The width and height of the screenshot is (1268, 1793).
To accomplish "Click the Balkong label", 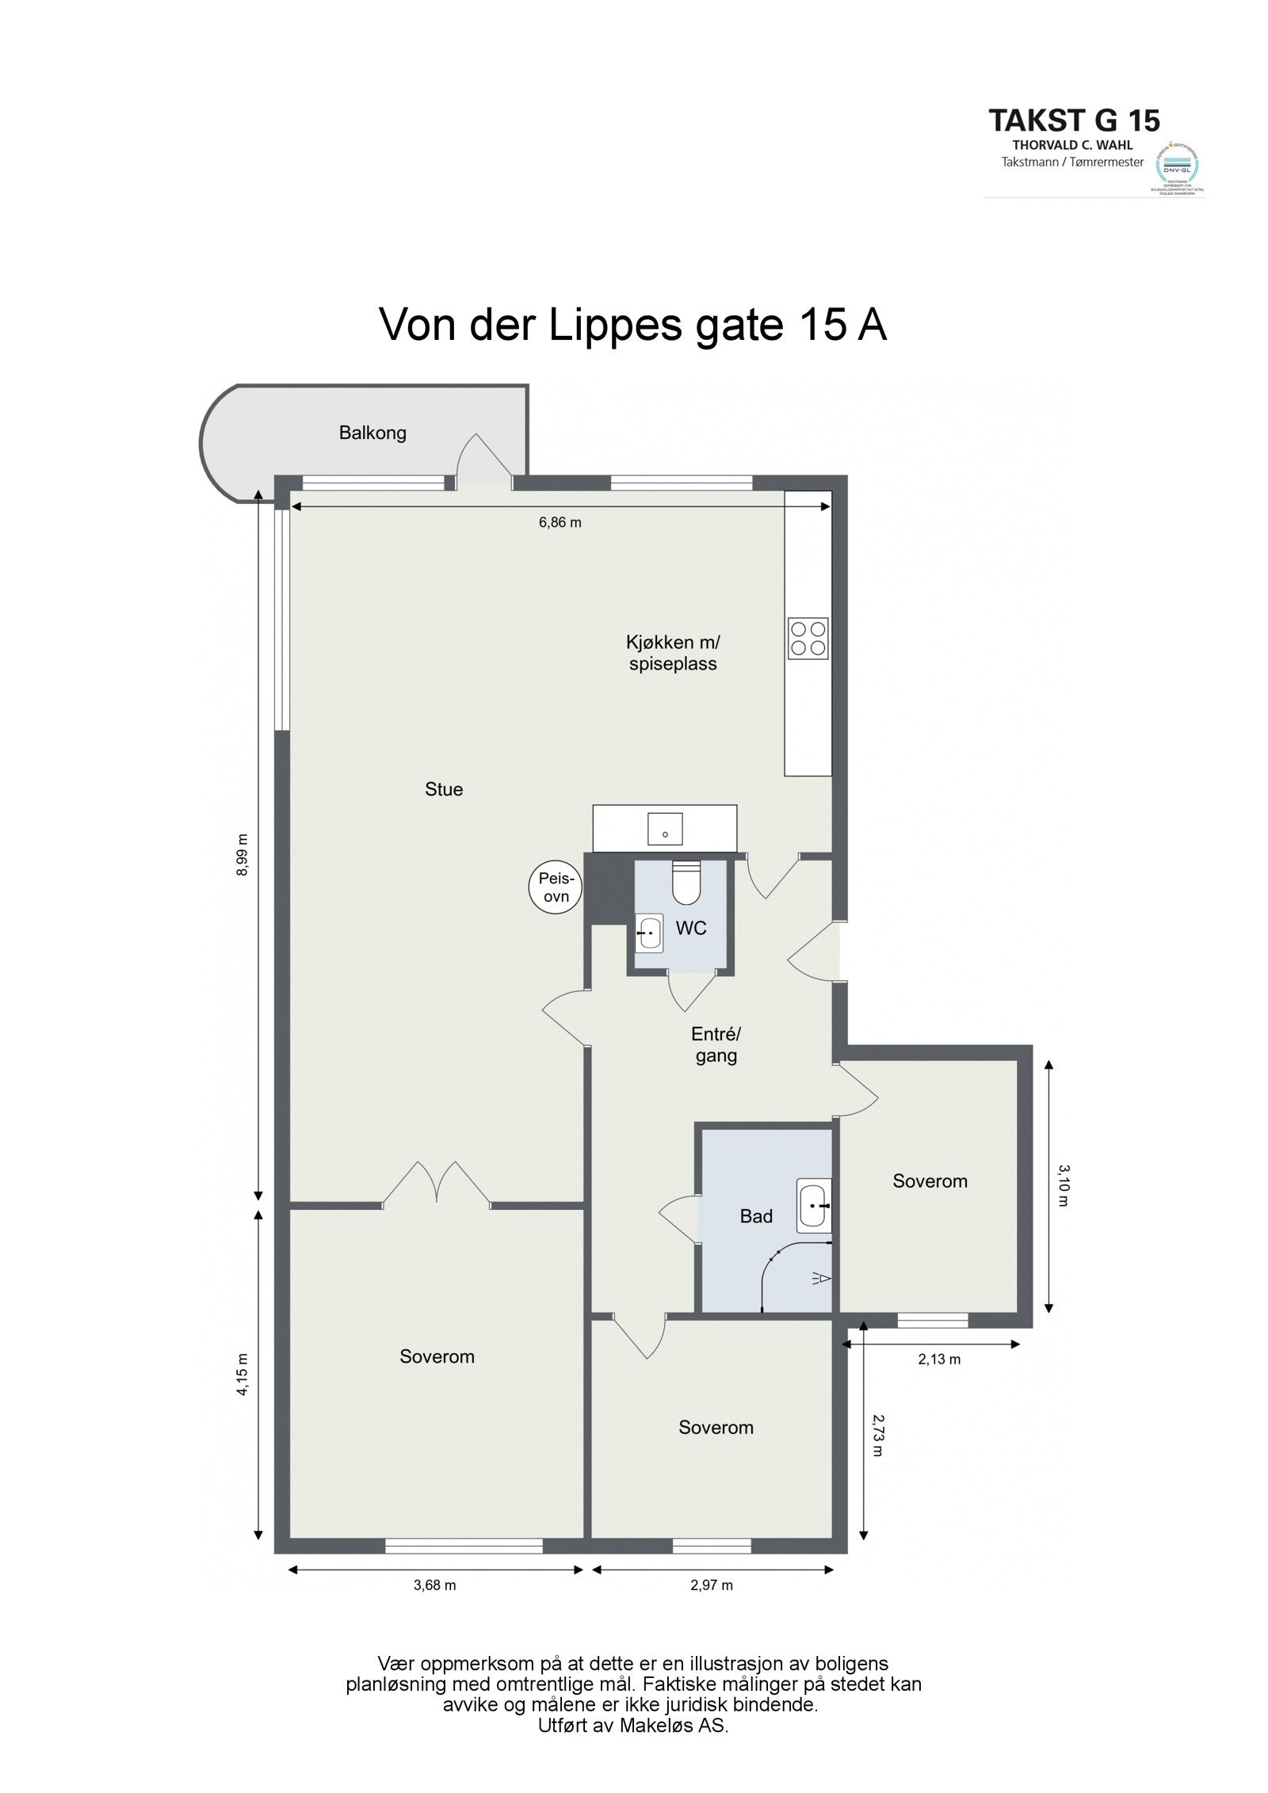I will tap(372, 433).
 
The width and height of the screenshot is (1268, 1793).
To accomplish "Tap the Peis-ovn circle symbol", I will tap(556, 887).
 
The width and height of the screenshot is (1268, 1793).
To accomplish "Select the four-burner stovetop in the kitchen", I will tap(808, 638).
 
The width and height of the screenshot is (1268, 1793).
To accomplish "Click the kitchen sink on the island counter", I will tap(666, 828).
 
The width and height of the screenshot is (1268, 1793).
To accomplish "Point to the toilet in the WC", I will tap(685, 883).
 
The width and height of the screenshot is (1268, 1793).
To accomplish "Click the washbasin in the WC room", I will tap(650, 933).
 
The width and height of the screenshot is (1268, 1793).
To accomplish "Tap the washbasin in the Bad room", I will tap(814, 1207).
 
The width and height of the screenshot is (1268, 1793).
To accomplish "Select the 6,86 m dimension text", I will tap(560, 523).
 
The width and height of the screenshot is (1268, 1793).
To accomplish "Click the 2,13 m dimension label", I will tap(939, 1360).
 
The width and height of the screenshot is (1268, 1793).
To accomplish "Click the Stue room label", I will tap(444, 789).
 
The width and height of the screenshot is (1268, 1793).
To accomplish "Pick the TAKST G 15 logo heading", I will tap(1074, 120).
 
